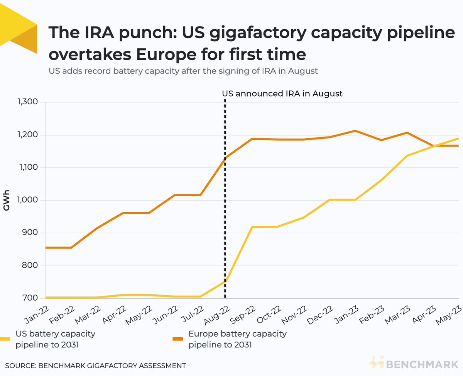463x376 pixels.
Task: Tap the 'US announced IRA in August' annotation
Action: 282,94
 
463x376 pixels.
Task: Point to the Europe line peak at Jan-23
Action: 355,131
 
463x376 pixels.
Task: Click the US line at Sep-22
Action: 252,227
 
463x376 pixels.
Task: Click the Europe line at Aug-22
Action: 225,158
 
